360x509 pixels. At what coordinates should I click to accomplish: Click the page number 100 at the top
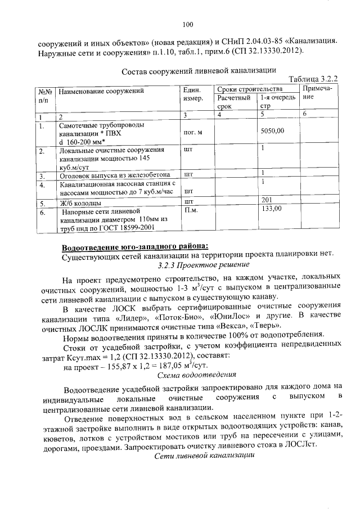click(188, 24)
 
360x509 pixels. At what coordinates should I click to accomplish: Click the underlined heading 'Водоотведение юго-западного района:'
click(135, 247)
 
